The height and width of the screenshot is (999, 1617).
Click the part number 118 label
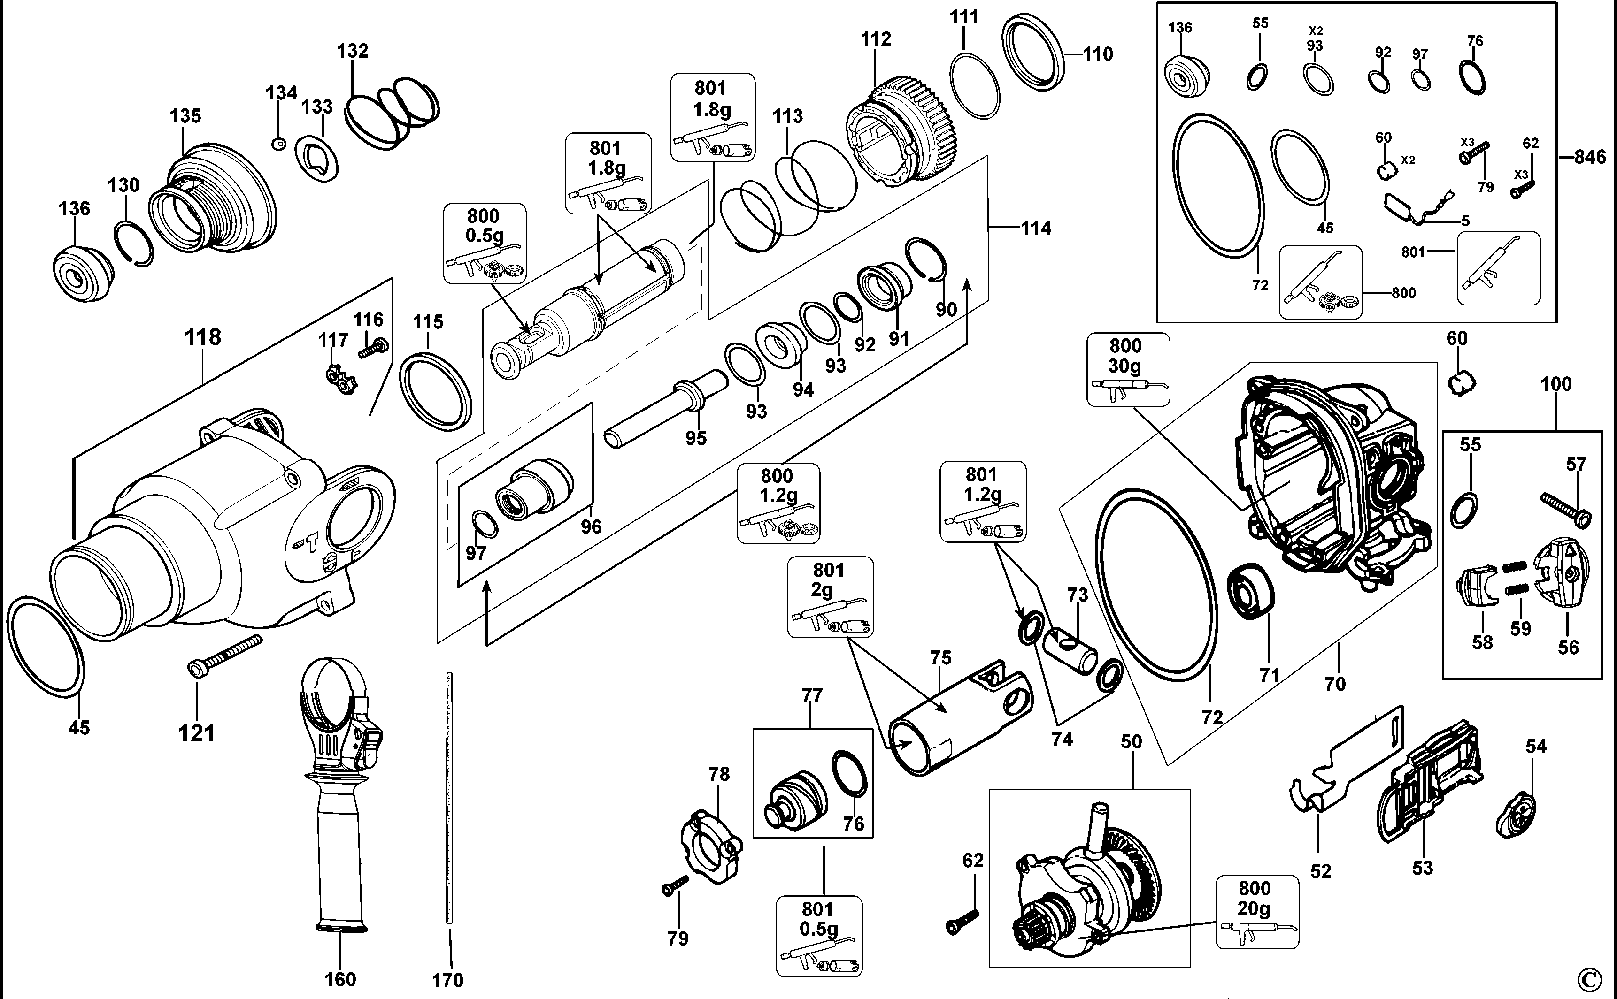click(202, 337)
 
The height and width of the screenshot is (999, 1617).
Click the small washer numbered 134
click(279, 144)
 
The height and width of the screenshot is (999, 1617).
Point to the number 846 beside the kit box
click(1589, 157)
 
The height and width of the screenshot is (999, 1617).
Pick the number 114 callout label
click(1035, 229)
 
